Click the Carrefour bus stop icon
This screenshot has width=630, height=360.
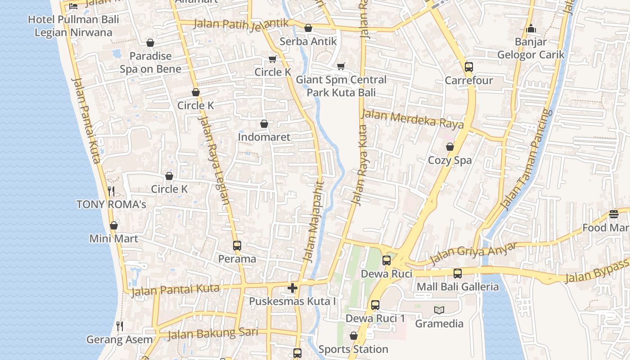coord(468,67)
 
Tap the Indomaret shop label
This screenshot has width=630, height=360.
coord(264,137)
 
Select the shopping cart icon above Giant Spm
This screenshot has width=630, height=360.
coord(341,67)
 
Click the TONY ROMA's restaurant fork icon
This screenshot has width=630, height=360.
coord(111,191)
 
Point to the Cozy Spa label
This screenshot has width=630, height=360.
coord(450,160)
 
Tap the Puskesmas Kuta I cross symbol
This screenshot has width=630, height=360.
coord(292,288)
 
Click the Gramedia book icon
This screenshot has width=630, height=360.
coord(439,310)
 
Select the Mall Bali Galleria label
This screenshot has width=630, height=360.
coord(458,287)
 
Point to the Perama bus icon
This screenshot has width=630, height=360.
coord(237,246)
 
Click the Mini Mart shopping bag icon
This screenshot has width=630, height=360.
coord(114,225)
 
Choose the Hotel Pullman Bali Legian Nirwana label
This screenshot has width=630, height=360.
coord(73,26)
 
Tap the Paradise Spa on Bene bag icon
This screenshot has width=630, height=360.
coord(150,43)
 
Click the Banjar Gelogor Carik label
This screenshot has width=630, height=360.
coord(531,48)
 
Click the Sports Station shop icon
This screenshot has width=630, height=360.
coord(353,336)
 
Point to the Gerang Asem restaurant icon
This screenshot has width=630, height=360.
coord(119,326)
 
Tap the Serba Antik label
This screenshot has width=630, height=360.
coord(308,41)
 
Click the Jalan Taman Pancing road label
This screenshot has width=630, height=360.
coord(526,160)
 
